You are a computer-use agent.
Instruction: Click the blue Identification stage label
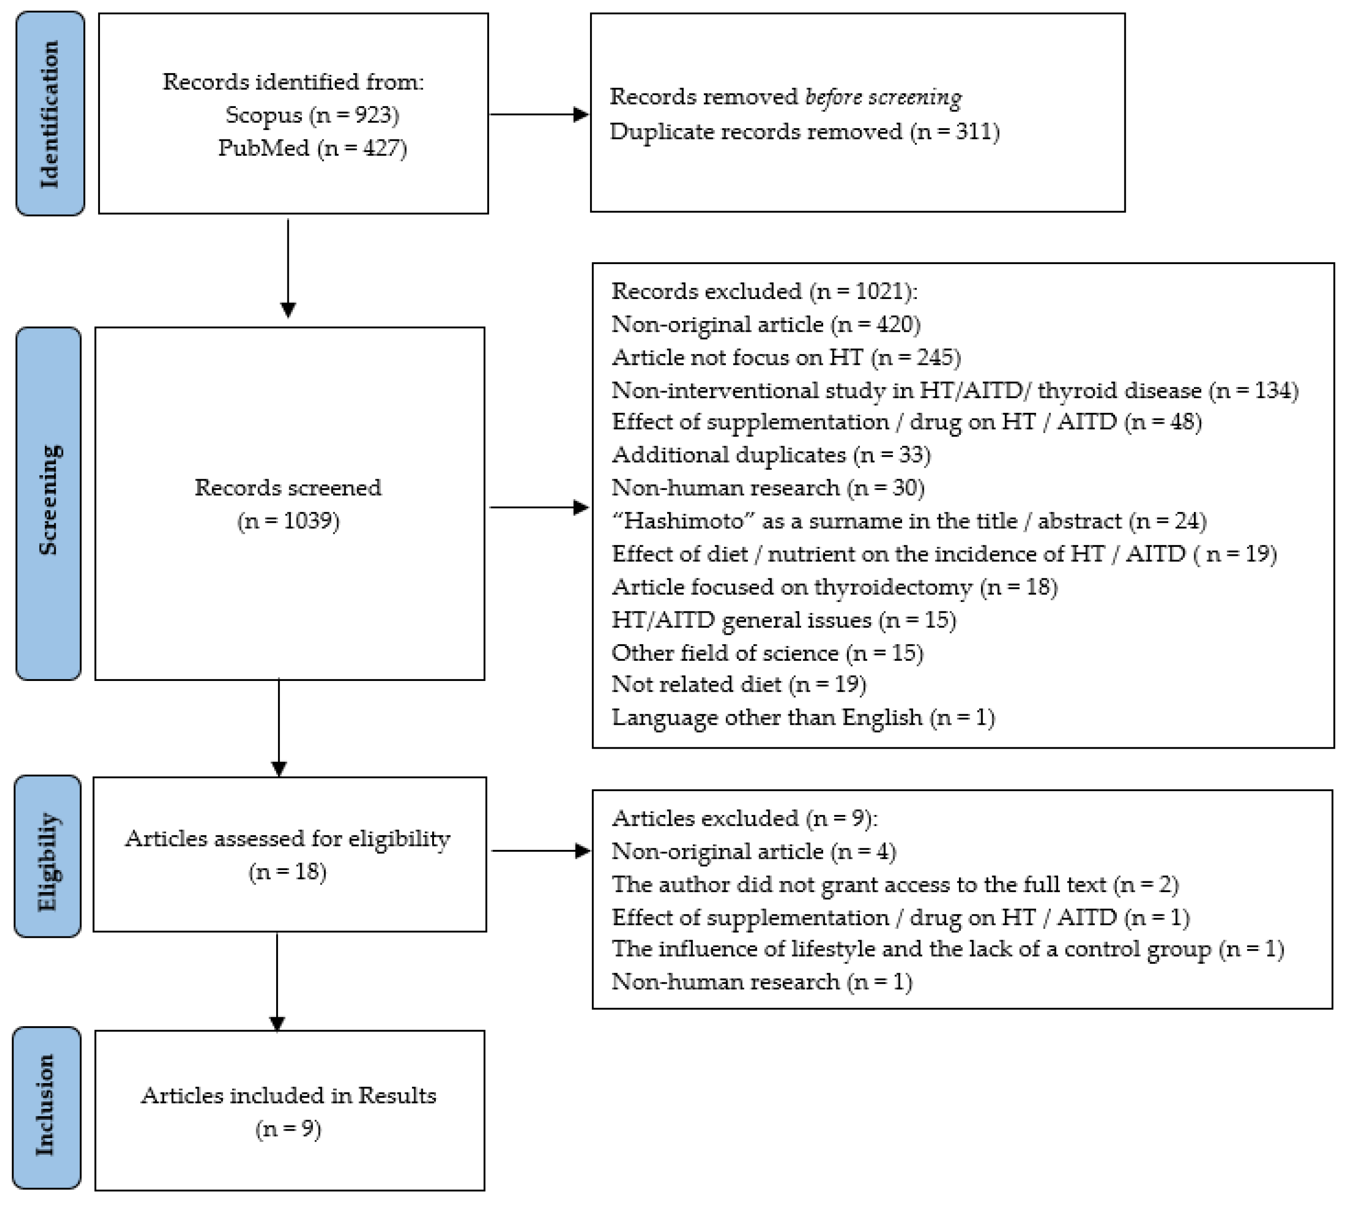[x=50, y=114]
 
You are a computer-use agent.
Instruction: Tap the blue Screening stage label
[x=48, y=503]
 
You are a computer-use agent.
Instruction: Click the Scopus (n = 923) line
[x=312, y=115]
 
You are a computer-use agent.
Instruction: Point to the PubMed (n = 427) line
[x=312, y=147]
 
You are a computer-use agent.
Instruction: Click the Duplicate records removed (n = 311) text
[x=804, y=132]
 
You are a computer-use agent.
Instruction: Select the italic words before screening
[x=883, y=97]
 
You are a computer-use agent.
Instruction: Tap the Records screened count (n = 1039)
[x=288, y=521]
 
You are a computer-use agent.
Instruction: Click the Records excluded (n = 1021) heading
[x=764, y=291]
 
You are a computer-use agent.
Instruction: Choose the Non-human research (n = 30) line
[x=768, y=488]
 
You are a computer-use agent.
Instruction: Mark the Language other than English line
[x=803, y=717]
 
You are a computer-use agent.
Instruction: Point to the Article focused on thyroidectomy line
[x=834, y=587]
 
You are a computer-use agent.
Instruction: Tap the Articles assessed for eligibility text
[x=288, y=839]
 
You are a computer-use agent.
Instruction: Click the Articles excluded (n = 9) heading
[x=744, y=818]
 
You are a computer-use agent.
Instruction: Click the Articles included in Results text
[x=288, y=1096]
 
